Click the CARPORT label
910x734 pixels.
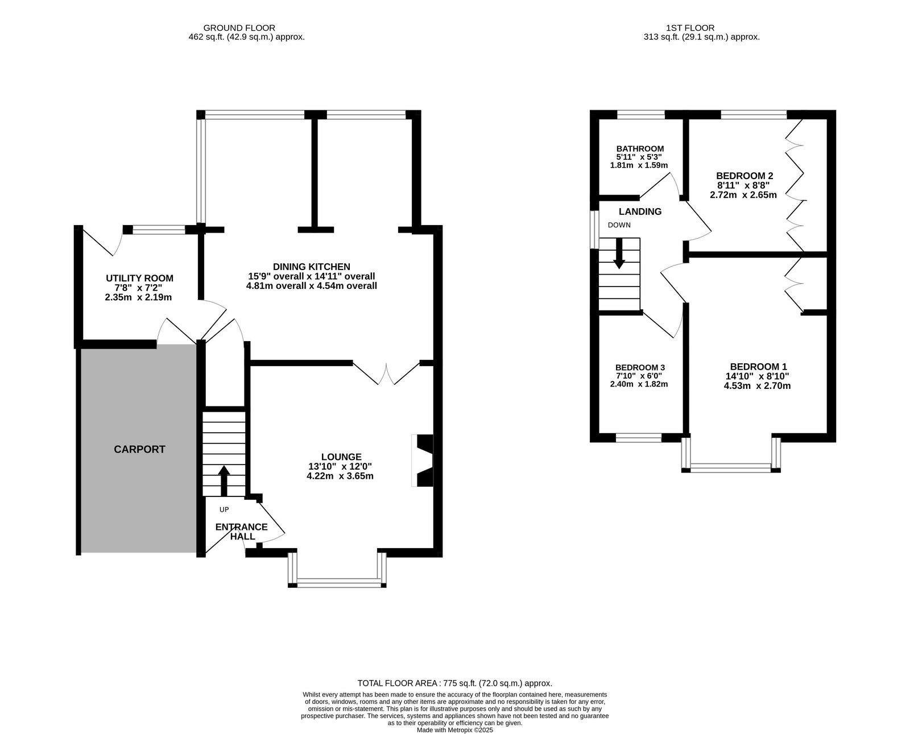[x=139, y=450]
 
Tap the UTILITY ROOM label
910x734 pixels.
[x=139, y=278]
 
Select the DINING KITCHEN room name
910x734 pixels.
[x=312, y=267]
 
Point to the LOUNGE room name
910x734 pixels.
[x=341, y=457]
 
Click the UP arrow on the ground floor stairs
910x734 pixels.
[x=224, y=481]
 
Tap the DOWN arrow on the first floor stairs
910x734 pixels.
[x=619, y=254]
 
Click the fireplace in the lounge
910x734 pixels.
[x=423, y=461]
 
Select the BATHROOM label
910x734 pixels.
[x=640, y=149]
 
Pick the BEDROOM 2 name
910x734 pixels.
[x=744, y=176]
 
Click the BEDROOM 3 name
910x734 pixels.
[x=640, y=368]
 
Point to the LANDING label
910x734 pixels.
[x=640, y=212]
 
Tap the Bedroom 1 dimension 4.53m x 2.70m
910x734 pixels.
[x=757, y=386]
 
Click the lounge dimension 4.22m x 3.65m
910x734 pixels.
[x=340, y=476]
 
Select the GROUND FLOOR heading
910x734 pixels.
[x=239, y=28]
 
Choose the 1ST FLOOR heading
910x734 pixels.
[x=690, y=28]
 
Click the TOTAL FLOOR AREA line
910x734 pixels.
[x=455, y=683]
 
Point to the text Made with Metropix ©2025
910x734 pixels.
[x=455, y=730]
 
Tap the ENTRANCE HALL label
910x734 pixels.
[x=242, y=532]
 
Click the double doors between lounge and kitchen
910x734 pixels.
[x=386, y=374]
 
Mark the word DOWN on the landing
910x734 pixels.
[x=619, y=225]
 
